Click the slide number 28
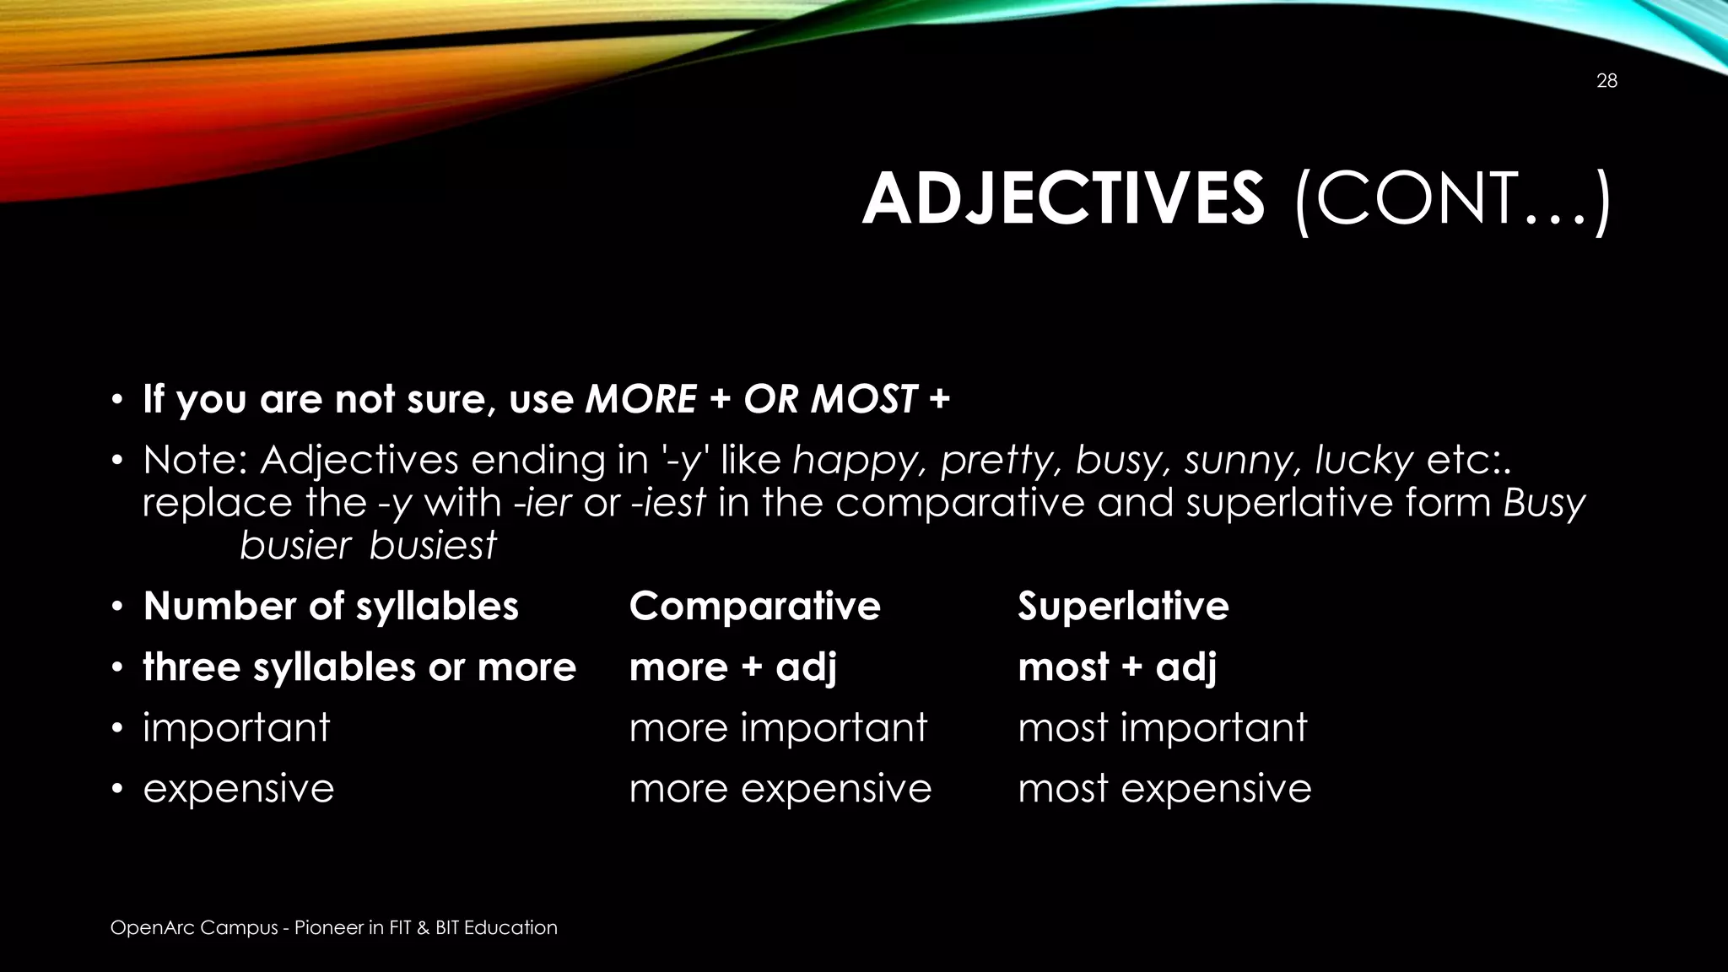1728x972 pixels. [x=1606, y=81]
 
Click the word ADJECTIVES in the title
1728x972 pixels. [x=1063, y=200]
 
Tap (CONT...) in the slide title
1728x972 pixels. [x=1452, y=202]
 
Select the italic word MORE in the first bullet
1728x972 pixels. [x=641, y=399]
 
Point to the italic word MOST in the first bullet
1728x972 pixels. [x=863, y=399]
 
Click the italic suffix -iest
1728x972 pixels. [x=668, y=503]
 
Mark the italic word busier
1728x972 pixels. [x=295, y=545]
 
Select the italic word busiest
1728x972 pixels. [x=434, y=545]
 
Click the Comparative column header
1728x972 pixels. [x=754, y=606]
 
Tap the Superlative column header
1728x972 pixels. [x=1123, y=606]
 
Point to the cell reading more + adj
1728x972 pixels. [x=733, y=667]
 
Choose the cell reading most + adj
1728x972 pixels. [x=1117, y=667]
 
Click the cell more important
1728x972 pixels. [x=778, y=727]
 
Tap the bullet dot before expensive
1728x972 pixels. [x=118, y=789]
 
